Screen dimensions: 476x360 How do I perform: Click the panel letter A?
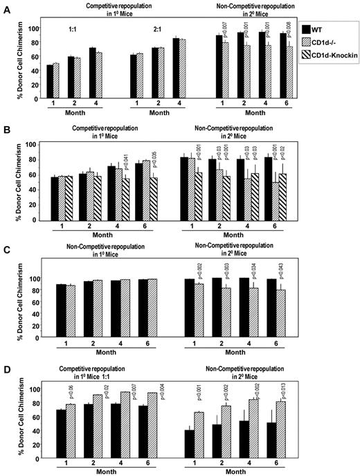coord(6,6)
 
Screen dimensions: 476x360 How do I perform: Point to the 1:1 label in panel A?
coord(73,31)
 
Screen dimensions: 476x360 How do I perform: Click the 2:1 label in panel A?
coord(157,31)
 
